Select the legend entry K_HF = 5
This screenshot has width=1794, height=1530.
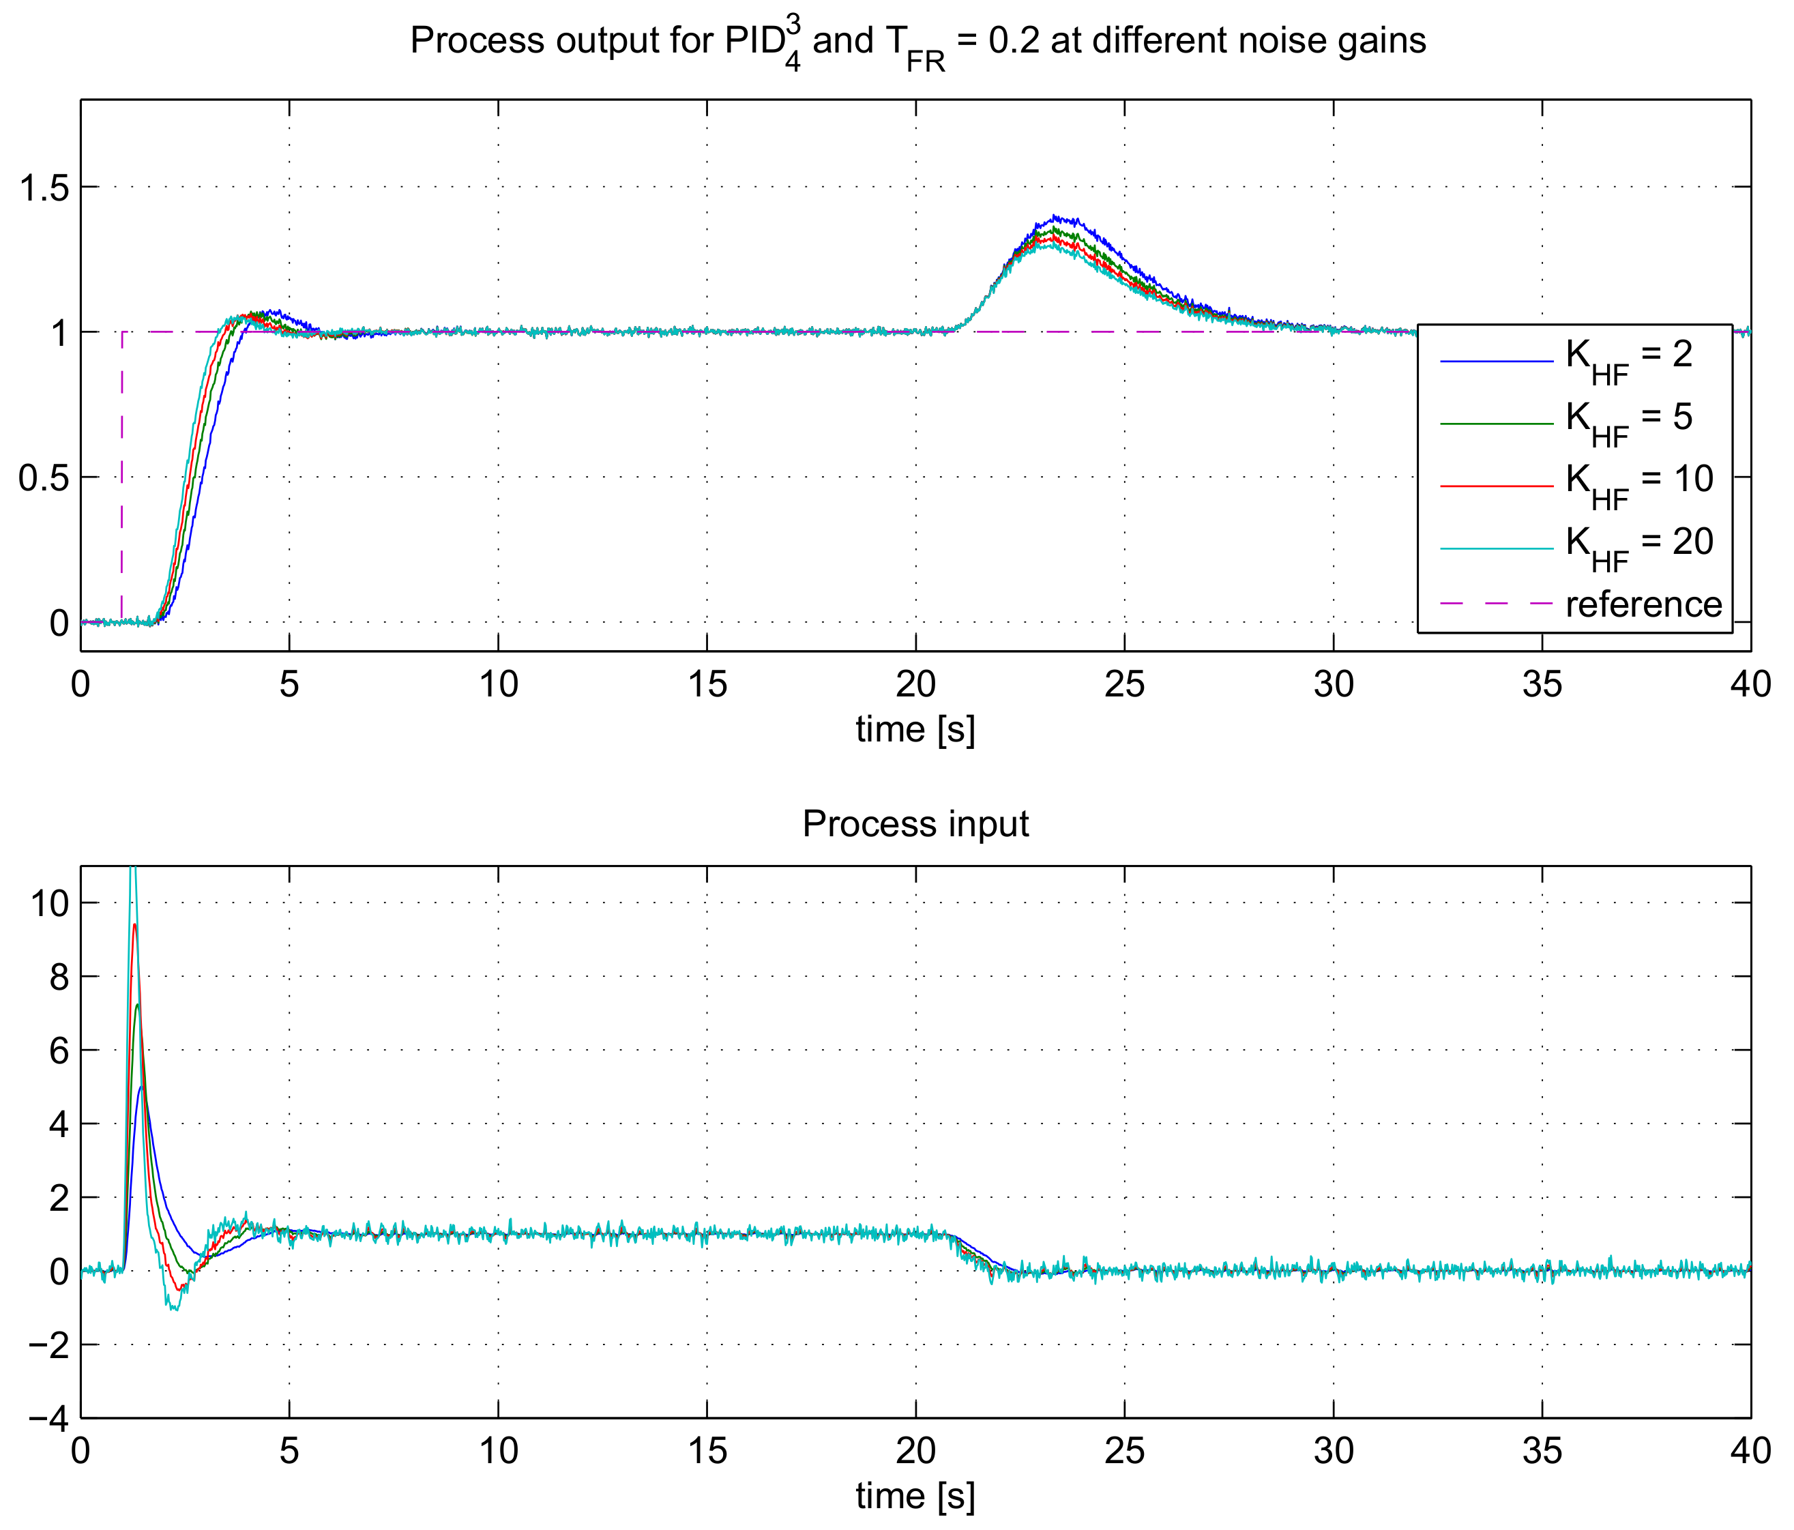click(1627, 421)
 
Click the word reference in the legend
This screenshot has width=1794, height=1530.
click(1643, 605)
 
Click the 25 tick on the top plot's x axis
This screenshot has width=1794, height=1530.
click(1124, 685)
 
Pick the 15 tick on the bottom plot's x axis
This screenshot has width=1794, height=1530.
click(707, 1451)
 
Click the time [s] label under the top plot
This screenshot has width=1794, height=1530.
click(915, 730)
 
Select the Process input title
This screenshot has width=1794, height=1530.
click(915, 824)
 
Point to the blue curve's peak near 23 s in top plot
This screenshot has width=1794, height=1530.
click(1054, 216)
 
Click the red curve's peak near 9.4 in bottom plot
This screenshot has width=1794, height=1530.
click(134, 925)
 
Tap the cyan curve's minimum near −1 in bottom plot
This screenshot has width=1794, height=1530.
click(174, 1308)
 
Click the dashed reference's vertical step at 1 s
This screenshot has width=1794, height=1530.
click(122, 476)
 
